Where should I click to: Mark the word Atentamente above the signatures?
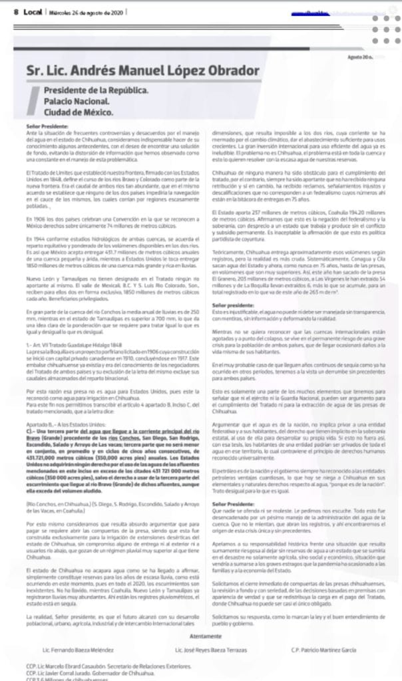201,636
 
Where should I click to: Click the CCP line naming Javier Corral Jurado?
87,672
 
